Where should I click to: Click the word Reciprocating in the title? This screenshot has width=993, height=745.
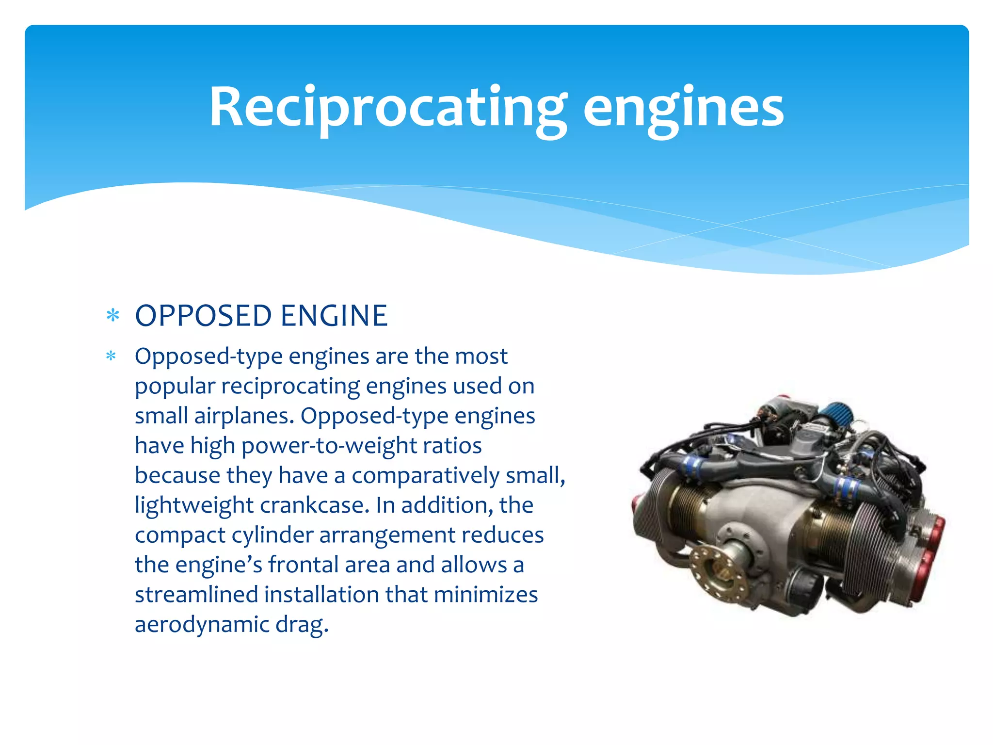387,108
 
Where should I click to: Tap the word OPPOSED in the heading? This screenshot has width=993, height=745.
203,316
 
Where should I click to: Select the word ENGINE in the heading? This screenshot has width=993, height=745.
334,316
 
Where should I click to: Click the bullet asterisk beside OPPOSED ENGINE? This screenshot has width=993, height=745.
112,316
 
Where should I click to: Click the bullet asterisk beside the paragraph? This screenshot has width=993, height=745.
111,356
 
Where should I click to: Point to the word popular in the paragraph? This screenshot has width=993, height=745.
175,387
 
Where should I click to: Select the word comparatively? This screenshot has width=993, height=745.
425,475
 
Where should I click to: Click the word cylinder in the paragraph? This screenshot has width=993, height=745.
272,535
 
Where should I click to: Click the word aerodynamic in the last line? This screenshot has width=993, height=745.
201,624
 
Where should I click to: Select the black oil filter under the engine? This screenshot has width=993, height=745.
802,589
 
